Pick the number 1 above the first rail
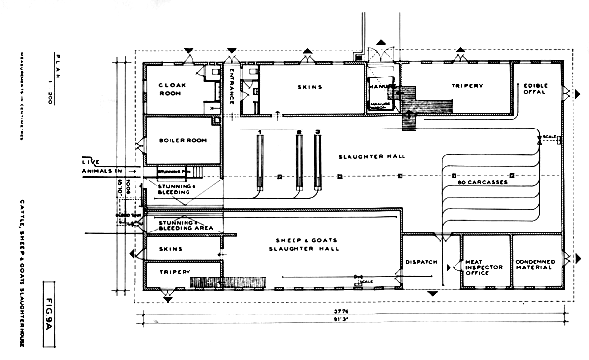(259, 131)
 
